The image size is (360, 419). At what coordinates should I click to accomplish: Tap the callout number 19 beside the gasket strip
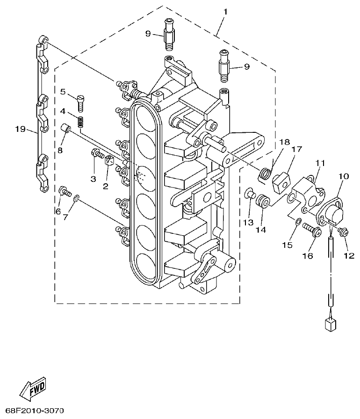pos(19,129)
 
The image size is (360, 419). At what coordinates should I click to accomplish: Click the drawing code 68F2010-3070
pos(32,411)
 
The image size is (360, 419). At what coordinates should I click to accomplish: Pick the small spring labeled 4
pos(81,122)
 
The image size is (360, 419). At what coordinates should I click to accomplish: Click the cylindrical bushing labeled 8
pos(67,128)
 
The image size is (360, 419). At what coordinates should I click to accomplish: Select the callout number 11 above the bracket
pos(319,163)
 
